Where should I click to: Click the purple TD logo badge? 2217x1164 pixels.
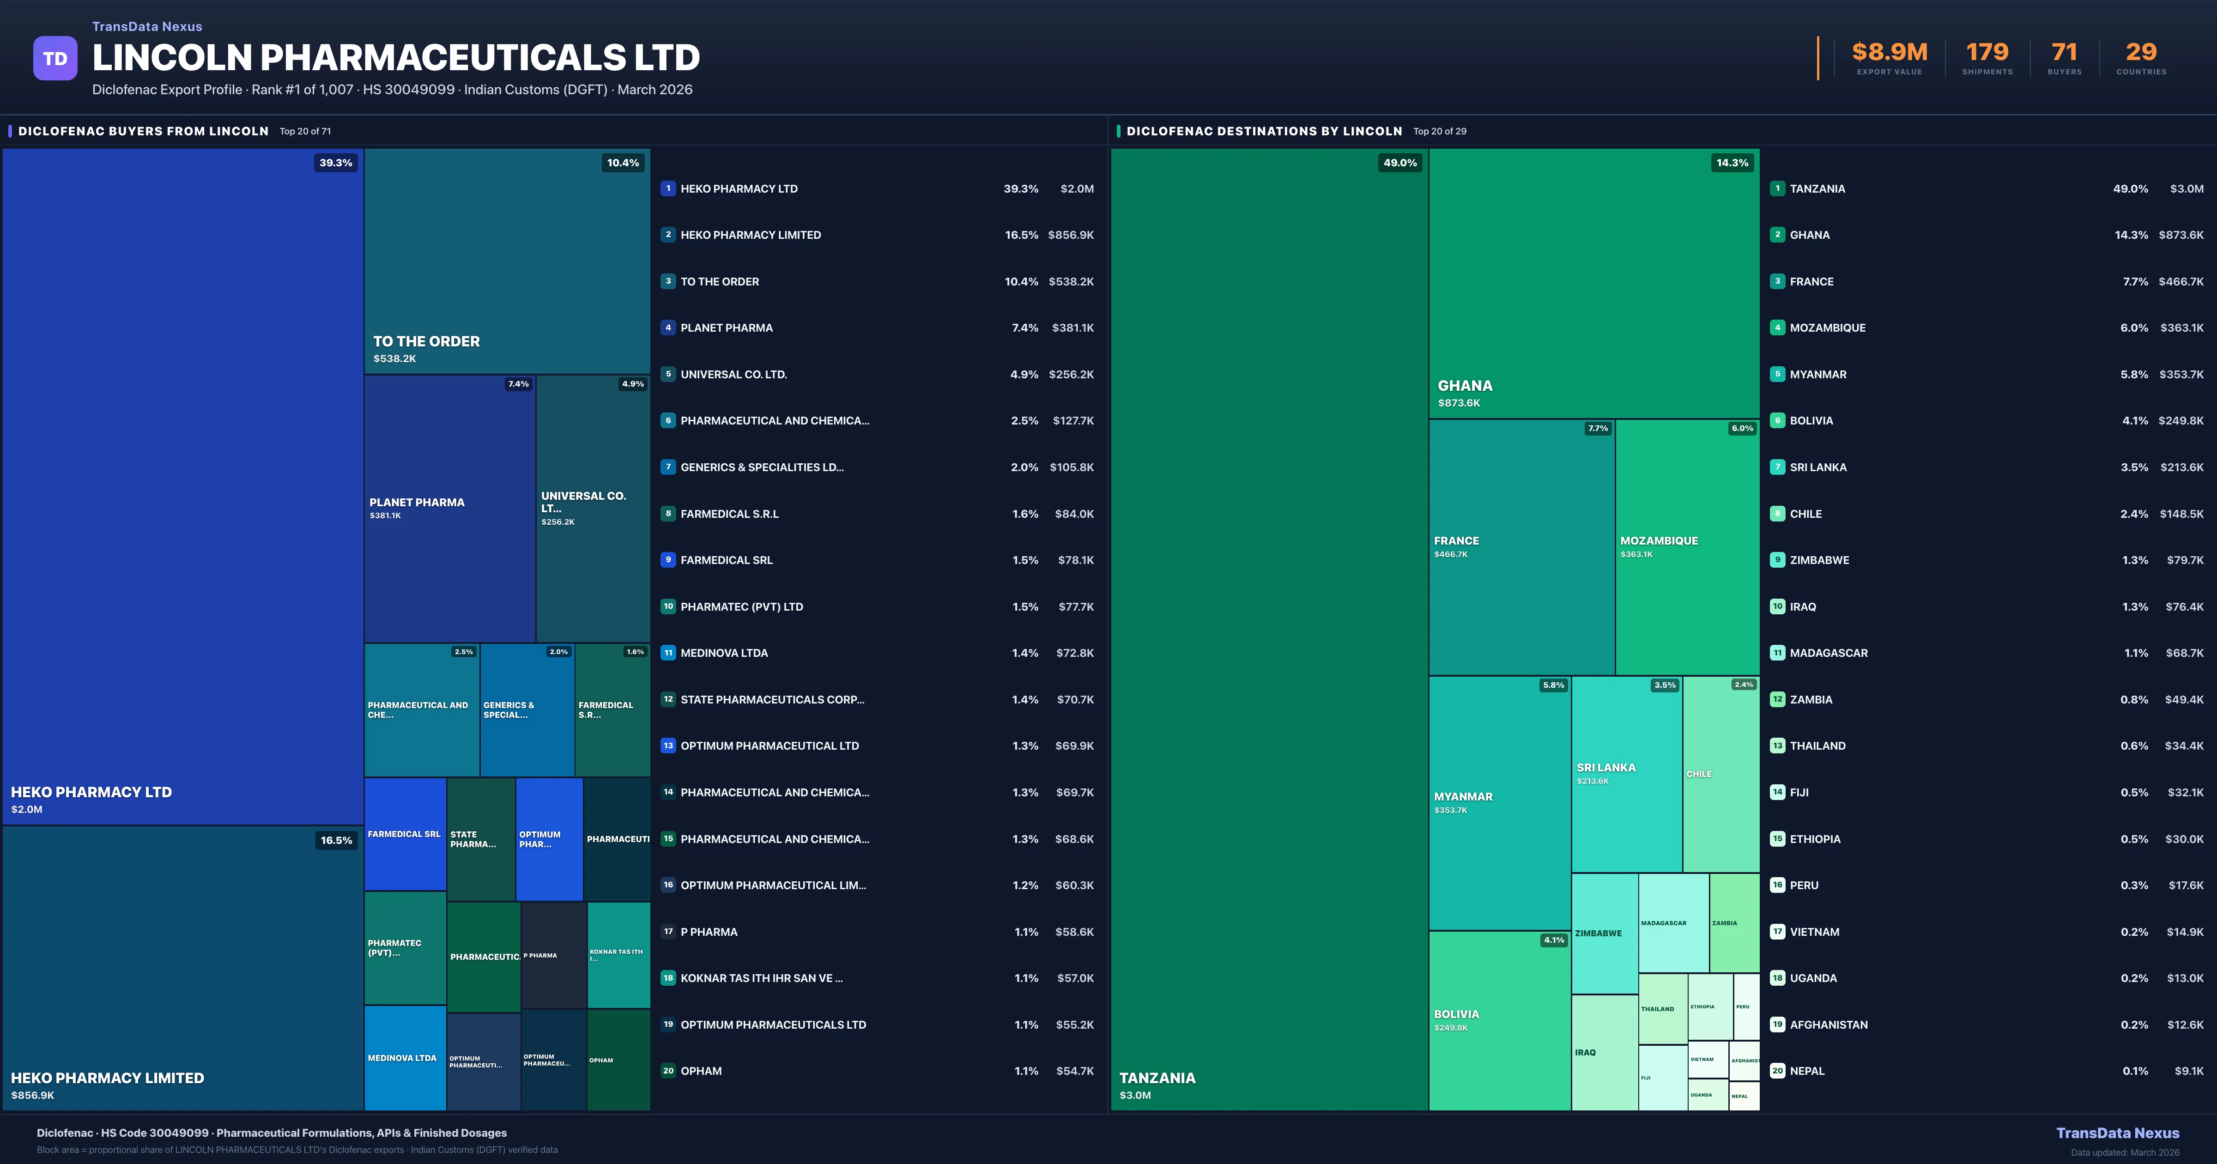pos(55,59)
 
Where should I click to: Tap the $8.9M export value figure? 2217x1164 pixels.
pos(1889,53)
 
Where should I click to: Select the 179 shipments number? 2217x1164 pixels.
pos(1987,53)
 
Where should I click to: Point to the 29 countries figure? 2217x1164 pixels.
pos(2141,53)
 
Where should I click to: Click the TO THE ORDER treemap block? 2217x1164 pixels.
pos(507,261)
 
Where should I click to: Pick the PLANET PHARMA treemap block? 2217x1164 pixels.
pos(449,508)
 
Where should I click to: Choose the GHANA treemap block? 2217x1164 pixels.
pos(1594,283)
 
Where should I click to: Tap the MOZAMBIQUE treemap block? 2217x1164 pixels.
pos(1687,547)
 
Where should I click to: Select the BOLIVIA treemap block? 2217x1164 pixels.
pos(1499,1020)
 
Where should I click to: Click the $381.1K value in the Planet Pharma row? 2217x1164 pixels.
pos(1072,328)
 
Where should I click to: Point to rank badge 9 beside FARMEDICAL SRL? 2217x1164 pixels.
pos(668,560)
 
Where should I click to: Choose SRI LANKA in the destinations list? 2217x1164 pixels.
pos(1817,467)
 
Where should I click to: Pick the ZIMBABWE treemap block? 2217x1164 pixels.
pos(1604,933)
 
